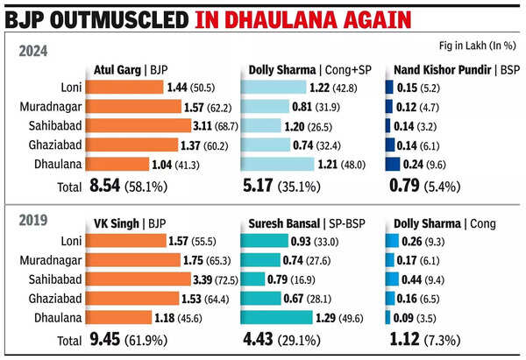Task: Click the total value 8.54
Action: pos(109,185)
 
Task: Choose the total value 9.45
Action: pos(109,339)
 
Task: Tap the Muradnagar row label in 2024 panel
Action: pos(57,106)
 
